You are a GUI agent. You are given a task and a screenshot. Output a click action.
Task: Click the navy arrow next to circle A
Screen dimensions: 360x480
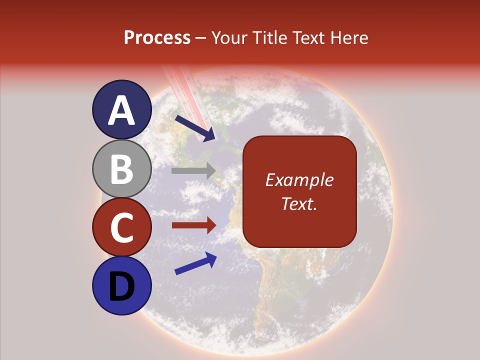tap(195, 128)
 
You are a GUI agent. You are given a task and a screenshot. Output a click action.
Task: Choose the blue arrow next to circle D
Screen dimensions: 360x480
tap(195, 263)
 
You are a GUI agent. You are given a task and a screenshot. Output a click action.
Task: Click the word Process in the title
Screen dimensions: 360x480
tap(157, 37)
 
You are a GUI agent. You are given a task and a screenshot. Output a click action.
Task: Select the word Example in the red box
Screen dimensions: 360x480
tap(299, 180)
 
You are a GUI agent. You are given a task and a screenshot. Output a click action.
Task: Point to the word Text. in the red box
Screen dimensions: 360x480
tap(299, 203)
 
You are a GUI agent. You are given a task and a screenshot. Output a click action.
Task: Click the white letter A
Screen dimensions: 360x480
tap(121, 111)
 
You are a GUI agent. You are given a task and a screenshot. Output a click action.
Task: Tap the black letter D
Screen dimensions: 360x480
tap(121, 287)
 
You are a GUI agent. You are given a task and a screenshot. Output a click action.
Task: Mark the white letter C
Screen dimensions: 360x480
tap(121, 228)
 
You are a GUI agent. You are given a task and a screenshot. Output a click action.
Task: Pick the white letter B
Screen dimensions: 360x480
tap(121, 169)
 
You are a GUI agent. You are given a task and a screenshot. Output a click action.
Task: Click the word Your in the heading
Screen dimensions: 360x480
tap(229, 37)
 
